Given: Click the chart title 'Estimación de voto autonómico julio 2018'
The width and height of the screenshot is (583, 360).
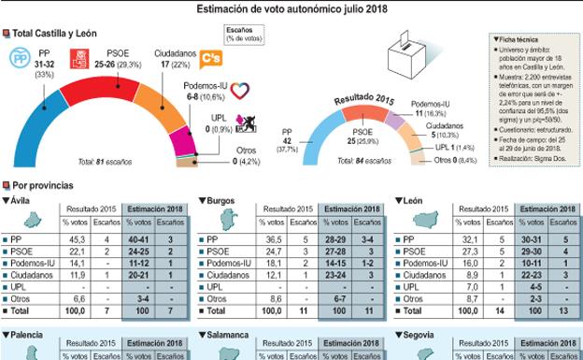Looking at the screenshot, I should [x=292, y=9].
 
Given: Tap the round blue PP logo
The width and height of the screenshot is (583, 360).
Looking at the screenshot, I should [x=17, y=58].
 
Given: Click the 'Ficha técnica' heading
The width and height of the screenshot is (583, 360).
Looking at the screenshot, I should [x=517, y=38].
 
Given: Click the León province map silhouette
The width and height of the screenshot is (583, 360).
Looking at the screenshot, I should [x=418, y=222].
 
